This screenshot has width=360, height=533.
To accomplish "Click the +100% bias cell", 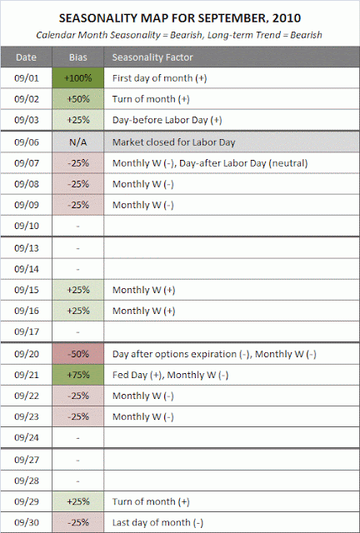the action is (x=78, y=77).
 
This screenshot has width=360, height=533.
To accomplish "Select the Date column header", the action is (x=26, y=57).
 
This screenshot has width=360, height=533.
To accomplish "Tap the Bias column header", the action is (x=78, y=57).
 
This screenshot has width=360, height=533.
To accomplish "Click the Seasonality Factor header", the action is (x=152, y=57).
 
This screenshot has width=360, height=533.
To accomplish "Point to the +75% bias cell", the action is (x=78, y=375).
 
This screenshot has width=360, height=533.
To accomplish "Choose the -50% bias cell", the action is (x=78, y=354).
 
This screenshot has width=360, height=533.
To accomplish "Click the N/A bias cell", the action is (x=78, y=142).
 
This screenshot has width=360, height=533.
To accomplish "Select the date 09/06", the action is (x=27, y=142).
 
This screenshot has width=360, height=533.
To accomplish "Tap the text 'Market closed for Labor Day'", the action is (x=173, y=142).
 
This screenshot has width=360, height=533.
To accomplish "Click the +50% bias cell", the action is (x=78, y=99).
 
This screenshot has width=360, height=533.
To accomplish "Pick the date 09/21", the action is (x=27, y=375).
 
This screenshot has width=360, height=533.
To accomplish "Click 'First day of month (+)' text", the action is (x=159, y=78).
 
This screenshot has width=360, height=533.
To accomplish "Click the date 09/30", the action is (x=27, y=522).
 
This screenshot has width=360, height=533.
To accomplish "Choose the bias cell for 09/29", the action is (x=78, y=501).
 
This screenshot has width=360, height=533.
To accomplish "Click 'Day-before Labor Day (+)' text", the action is (x=167, y=120).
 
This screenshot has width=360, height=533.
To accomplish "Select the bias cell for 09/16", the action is (x=78, y=311).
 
